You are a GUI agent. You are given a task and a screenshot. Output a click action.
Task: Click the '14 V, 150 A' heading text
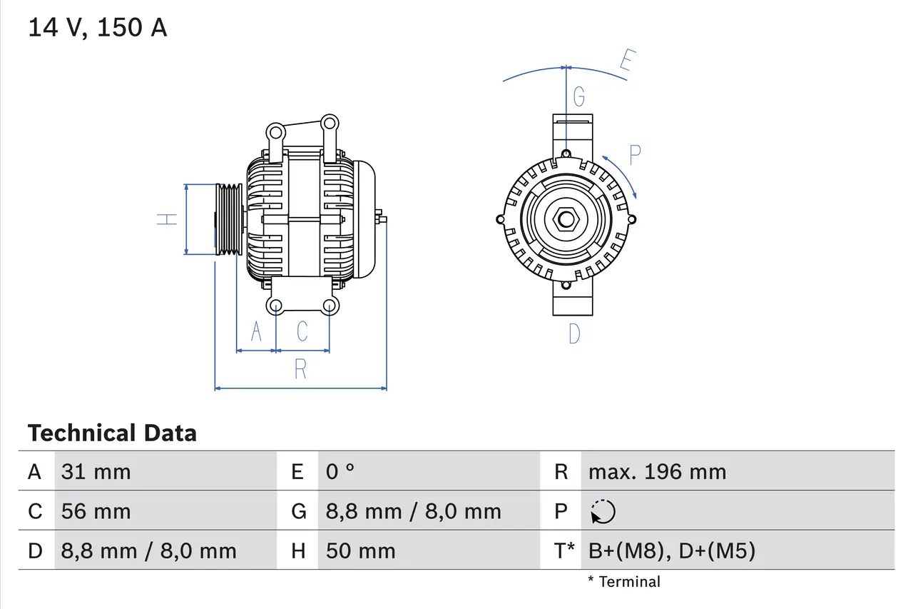point(98,28)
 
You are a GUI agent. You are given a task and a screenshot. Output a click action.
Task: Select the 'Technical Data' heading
point(112,433)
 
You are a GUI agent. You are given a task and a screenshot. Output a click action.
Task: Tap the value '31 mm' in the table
point(96,471)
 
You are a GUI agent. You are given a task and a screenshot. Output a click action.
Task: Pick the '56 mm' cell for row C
point(96,511)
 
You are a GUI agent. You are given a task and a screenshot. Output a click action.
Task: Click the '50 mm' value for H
point(360,550)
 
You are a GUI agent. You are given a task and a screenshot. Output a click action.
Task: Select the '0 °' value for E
point(340,471)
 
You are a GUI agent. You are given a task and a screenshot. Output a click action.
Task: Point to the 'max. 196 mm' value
point(657,471)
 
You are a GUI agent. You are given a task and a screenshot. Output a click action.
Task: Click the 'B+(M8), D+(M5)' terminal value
point(671,550)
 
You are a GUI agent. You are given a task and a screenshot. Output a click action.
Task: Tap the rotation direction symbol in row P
point(603,511)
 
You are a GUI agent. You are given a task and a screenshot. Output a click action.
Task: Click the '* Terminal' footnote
point(624,582)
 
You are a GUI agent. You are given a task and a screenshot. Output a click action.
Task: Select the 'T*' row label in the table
point(565,550)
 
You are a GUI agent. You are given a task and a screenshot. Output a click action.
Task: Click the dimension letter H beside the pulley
point(168,219)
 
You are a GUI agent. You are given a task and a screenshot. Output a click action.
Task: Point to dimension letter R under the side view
point(300,369)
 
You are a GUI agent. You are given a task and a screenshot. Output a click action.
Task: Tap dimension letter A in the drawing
point(257,331)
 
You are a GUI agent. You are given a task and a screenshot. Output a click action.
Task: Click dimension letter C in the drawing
point(302,331)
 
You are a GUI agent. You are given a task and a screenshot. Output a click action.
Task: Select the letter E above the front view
point(625,62)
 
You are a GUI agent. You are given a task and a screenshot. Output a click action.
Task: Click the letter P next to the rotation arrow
point(634,154)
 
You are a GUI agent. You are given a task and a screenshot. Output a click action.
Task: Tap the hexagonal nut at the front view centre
point(566,219)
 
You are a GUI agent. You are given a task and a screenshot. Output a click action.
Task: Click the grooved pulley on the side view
point(229,219)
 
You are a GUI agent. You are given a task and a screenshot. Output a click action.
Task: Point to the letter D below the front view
point(574,333)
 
